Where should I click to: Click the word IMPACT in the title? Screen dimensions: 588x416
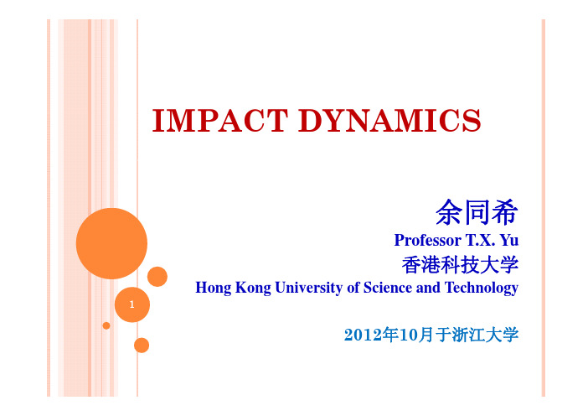220,120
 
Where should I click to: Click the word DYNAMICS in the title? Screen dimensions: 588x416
389,120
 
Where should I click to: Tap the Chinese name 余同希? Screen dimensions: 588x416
477,212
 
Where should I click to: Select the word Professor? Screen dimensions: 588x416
427,240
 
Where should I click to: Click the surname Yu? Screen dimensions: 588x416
509,240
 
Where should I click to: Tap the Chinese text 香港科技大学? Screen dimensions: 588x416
460,265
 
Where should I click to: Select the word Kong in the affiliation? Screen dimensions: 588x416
253,288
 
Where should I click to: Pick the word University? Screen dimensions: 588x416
308,288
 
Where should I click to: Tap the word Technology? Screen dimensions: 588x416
482,288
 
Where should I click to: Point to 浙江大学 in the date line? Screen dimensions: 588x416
485,335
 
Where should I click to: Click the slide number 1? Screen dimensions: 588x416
132,304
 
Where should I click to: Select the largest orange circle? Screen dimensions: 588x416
111,243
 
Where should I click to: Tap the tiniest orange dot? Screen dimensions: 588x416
106,325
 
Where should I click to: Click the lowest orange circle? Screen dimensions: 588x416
142,346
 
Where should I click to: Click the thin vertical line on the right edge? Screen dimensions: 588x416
543,208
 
